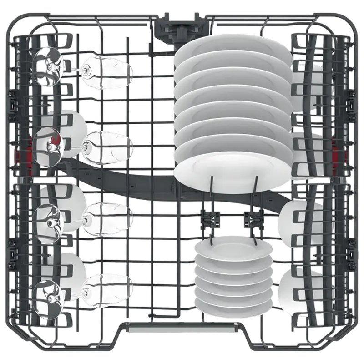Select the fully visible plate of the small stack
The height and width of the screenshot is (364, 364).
(232, 255)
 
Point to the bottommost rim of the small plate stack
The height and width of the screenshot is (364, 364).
(232, 313)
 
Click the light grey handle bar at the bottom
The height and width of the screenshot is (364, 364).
(182, 327)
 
